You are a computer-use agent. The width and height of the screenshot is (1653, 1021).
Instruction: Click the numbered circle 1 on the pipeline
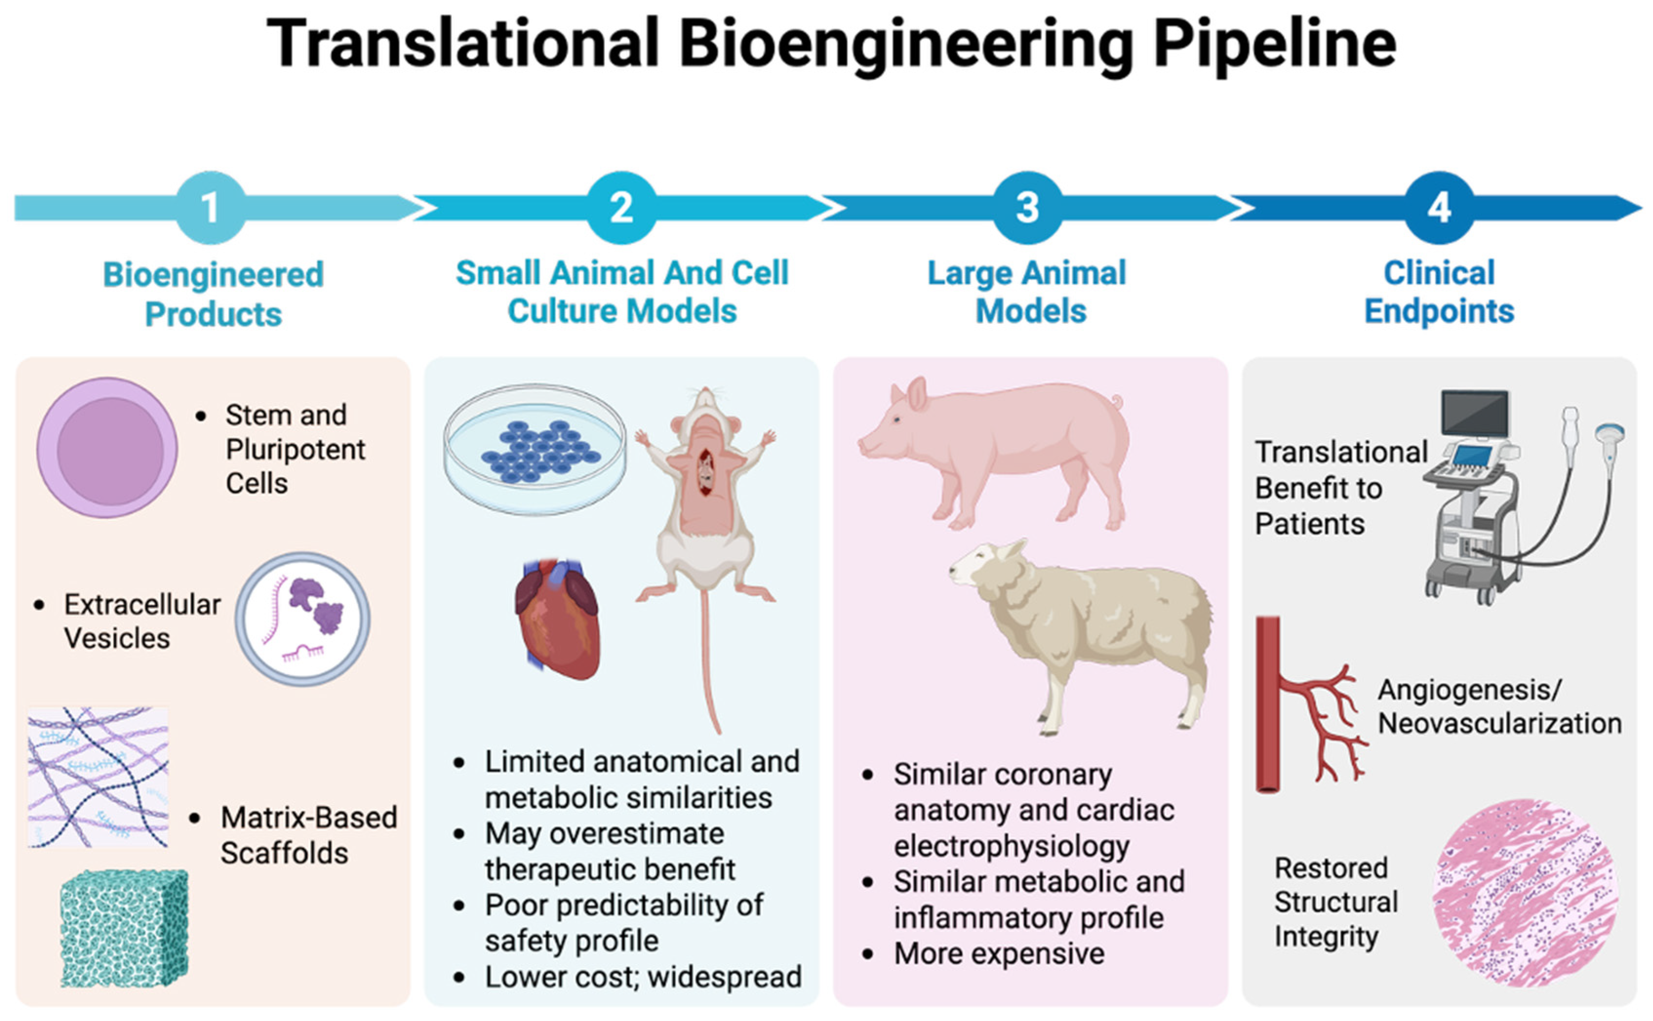[211, 207]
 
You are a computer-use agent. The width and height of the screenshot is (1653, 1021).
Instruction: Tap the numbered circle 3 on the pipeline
[1027, 207]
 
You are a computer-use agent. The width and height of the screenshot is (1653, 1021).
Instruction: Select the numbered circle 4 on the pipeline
[1439, 207]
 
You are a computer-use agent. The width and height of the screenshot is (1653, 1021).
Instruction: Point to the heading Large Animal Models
[1028, 292]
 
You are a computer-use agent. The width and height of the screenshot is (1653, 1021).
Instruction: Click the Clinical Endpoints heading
[1439, 292]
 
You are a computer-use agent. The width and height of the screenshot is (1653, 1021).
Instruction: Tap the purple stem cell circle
[108, 448]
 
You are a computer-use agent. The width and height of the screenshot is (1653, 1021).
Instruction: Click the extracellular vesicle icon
[302, 619]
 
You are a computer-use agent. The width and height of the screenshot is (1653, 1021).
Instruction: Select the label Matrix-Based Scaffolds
[309, 835]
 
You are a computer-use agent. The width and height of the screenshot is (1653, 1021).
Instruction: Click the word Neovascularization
[1500, 723]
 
